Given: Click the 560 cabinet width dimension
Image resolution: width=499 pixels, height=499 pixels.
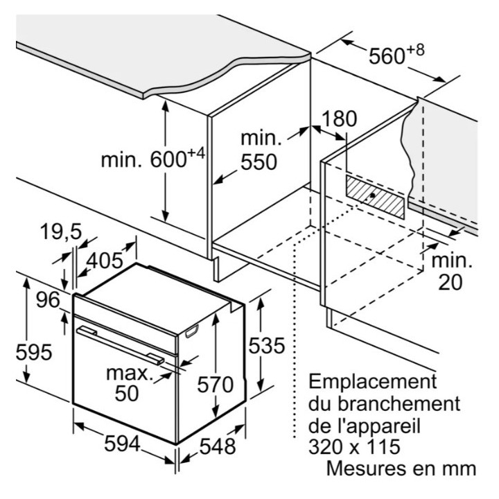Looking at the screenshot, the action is (x=396, y=55).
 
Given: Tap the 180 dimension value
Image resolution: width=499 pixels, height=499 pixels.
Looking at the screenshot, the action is (x=339, y=119).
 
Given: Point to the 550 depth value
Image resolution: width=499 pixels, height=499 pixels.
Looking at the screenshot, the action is (x=259, y=162).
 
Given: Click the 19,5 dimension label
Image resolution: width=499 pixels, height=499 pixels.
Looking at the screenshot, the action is (x=61, y=231).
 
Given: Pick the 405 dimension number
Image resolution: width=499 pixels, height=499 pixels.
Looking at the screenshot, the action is (x=105, y=261).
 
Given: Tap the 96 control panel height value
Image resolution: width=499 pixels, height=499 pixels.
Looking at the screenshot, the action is (x=48, y=300).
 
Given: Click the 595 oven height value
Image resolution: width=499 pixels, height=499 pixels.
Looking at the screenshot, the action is (x=34, y=353).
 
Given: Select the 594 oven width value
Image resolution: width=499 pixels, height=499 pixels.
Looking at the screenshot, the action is (x=122, y=444).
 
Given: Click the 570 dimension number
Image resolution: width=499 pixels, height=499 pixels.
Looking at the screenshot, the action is (x=216, y=385).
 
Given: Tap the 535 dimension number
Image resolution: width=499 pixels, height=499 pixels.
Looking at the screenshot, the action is (x=267, y=346).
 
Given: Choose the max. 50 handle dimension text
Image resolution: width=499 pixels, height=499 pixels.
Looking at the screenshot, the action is (x=128, y=384).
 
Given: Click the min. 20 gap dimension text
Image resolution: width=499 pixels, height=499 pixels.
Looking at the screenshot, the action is (x=452, y=272).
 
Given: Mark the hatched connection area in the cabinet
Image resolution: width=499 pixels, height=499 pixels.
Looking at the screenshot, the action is (x=376, y=198).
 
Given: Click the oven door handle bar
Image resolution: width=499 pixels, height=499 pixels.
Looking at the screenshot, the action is (x=121, y=345).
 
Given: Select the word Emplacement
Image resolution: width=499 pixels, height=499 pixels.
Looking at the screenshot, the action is (x=373, y=382).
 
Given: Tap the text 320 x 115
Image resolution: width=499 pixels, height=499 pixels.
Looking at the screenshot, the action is (x=355, y=446).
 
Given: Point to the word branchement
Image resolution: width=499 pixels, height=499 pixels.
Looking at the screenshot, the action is (x=399, y=403).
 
